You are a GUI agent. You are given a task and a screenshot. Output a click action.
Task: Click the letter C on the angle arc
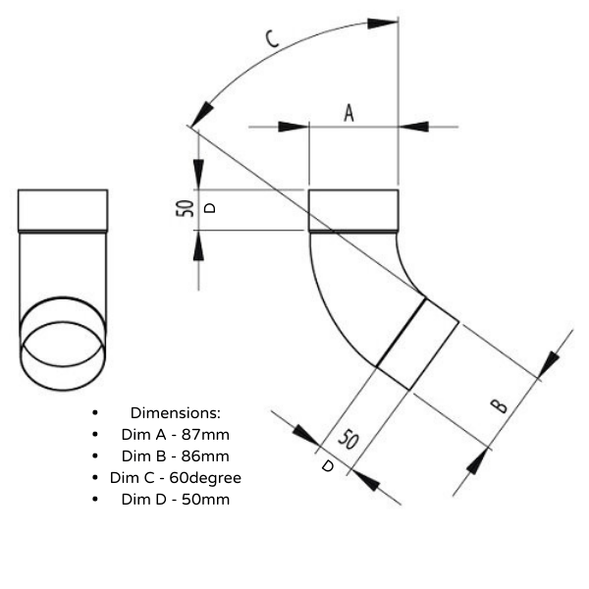pos(273,38)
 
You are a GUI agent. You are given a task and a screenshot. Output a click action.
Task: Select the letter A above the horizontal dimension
pos(348,113)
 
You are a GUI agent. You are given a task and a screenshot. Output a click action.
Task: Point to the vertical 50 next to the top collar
pos(184,208)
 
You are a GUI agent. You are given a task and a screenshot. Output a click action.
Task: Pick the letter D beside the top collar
pos(207,208)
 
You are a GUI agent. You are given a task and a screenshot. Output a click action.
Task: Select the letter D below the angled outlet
pos(328,466)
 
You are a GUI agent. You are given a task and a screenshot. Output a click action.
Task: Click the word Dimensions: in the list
pos(175,412)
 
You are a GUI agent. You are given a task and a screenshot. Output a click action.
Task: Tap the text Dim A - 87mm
pos(175,434)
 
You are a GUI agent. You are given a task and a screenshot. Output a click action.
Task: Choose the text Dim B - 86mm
pos(175,455)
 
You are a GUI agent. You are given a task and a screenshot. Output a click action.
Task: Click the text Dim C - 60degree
pos(175,477)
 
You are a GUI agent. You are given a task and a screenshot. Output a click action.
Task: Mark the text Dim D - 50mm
pos(175,499)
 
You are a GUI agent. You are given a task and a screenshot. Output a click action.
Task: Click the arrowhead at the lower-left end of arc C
pos(202,110)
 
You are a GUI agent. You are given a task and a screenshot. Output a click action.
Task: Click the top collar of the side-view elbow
pos(353,210)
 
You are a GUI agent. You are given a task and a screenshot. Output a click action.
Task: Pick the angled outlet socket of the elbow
pos(417,344)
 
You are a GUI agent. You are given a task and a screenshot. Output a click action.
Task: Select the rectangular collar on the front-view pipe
pos(63,210)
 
